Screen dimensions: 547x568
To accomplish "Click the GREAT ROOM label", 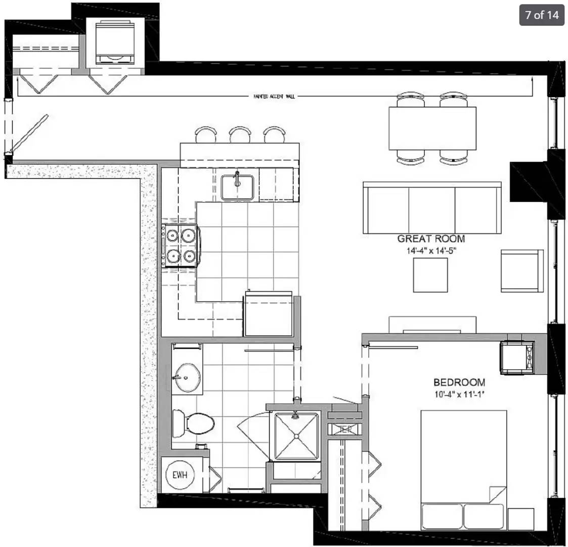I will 431,239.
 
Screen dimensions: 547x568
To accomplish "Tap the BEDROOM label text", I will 459,382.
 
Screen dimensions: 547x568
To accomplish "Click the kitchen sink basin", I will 237,187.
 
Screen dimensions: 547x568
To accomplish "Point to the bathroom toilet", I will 192,423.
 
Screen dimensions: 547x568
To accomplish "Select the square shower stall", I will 296,435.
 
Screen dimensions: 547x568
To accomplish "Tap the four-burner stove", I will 180,245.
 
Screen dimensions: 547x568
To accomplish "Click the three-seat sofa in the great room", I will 432,208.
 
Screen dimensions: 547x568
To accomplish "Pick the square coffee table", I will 430,275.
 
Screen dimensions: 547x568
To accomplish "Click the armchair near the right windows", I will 521,270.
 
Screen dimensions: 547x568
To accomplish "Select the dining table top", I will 432,128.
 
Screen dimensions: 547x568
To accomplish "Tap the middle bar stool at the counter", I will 240,135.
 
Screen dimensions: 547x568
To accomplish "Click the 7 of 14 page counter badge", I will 542,15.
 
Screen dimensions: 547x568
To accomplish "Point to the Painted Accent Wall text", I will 274,96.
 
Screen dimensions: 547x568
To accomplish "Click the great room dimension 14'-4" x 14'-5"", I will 431,250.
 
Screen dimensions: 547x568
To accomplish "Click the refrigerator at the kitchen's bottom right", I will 268,315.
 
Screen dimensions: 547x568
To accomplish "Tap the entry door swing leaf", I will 29,132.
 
